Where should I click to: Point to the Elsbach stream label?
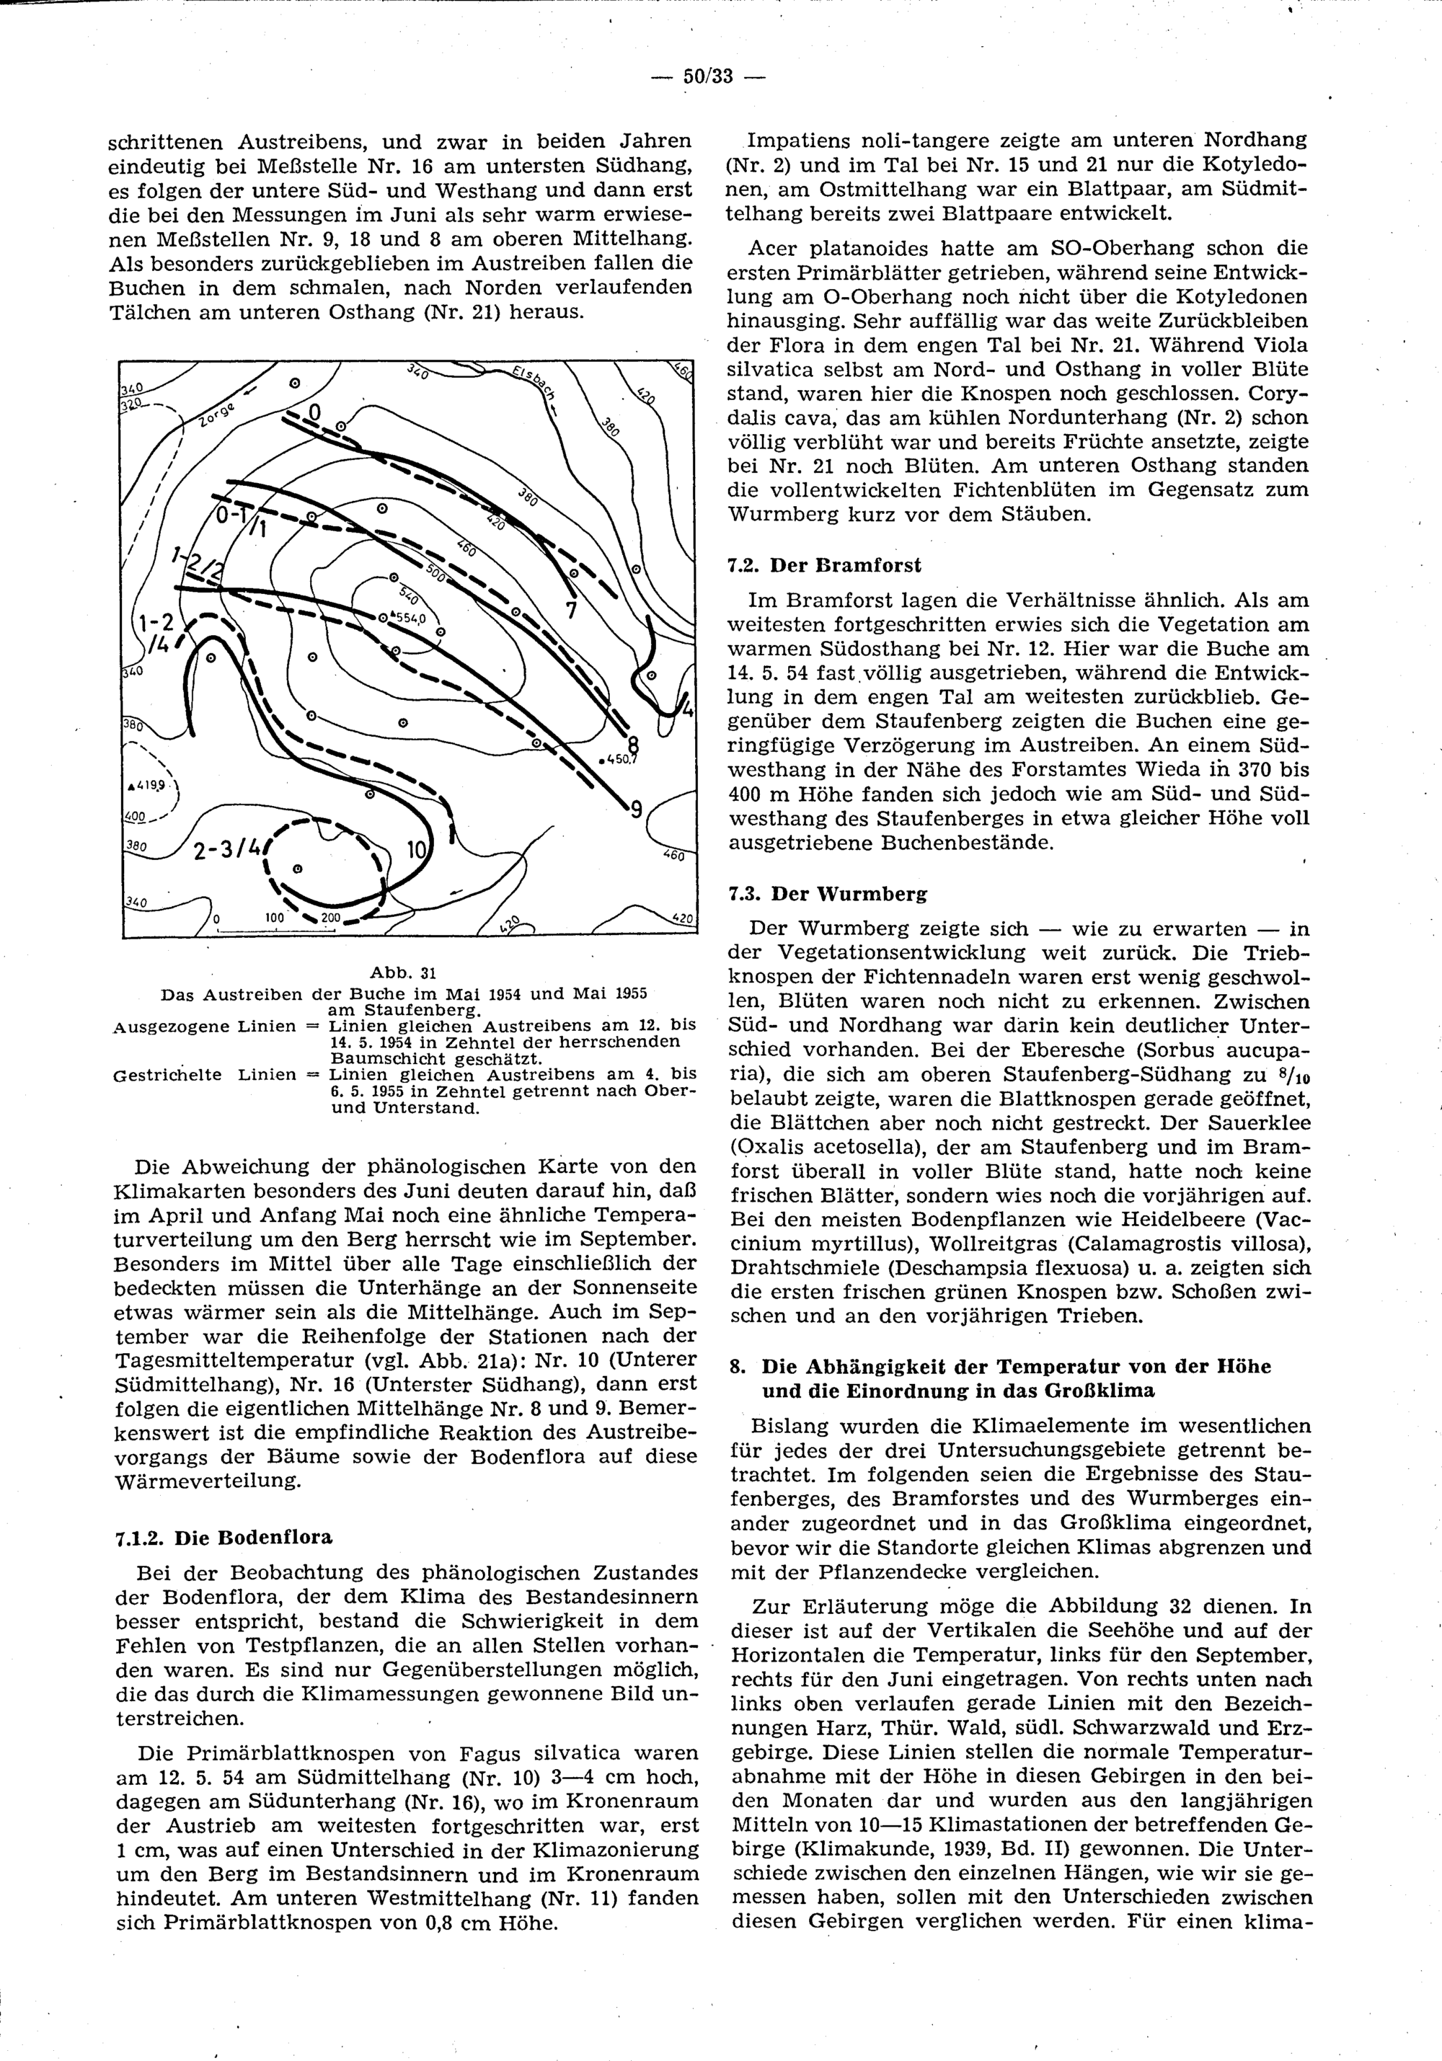[534, 386]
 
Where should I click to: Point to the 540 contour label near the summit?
[409, 594]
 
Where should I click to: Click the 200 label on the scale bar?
[330, 918]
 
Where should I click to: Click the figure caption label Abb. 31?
[402, 973]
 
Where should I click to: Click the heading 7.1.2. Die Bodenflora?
[224, 1537]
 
